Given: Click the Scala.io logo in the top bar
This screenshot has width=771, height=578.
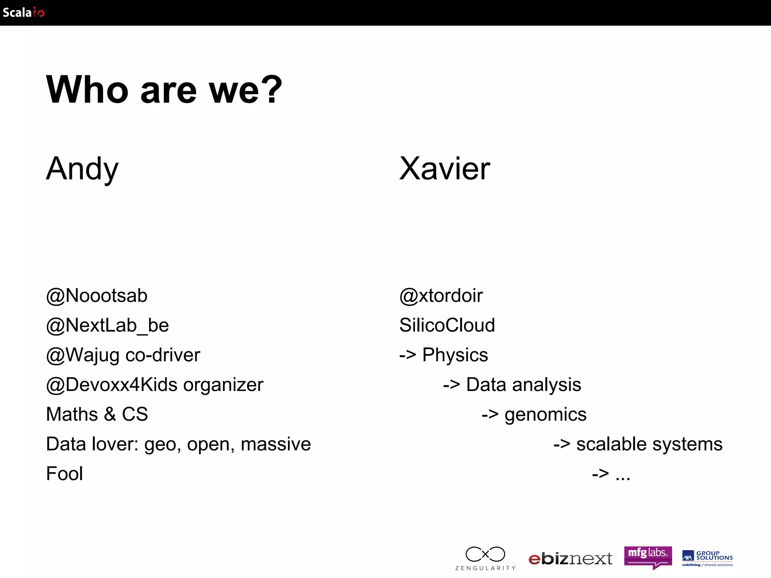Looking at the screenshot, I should coord(24,12).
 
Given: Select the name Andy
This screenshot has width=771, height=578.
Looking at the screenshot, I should coord(82,169).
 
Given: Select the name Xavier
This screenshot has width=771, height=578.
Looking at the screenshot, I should coord(445,169).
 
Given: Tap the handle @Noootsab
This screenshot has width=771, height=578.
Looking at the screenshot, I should coord(97,296).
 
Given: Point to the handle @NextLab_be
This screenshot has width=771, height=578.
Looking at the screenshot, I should coord(107,326).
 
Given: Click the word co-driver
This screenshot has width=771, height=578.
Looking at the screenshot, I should coord(163,355).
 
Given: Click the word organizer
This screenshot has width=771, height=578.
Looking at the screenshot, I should coord(223,385).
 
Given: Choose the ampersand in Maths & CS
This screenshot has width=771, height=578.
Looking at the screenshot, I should coord(110,414).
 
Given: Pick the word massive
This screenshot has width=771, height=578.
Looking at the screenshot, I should coord(276,444).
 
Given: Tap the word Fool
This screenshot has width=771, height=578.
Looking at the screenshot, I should coord(64,473).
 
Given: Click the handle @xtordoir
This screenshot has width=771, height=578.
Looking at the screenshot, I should coord(441,296).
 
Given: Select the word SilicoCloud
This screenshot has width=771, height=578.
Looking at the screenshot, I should coord(447,326).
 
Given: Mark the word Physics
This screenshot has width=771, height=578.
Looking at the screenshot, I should coord(455,355).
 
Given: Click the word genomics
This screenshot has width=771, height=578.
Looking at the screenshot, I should coord(545,415).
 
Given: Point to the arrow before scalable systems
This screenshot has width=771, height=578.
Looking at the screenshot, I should coord(562,444).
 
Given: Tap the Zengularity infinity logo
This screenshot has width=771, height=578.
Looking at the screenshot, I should coord(485,555).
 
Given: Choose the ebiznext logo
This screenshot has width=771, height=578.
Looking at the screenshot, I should coord(570,559).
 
